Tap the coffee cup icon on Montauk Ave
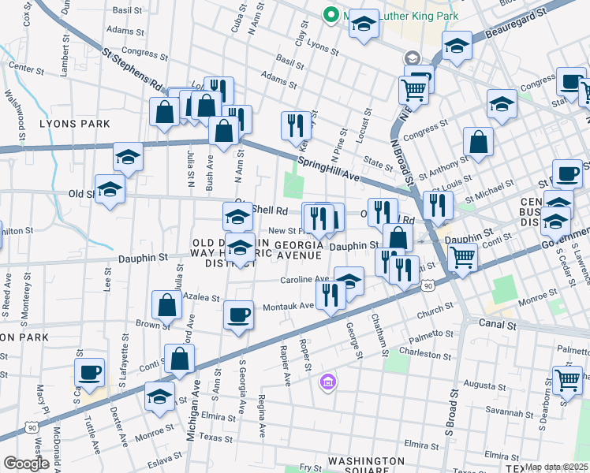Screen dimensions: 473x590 coord(238,315)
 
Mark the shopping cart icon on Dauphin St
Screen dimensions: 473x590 coord(461,256)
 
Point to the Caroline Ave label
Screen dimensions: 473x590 coord(304,279)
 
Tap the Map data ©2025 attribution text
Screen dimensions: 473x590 coord(556,467)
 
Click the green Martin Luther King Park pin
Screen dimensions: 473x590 coord(330,15)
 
